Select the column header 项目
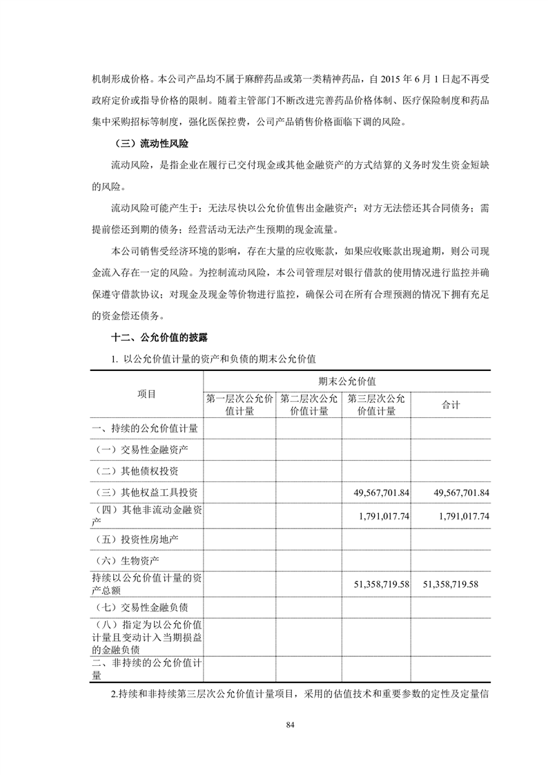(x=147, y=394)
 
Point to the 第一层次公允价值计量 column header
(x=239, y=405)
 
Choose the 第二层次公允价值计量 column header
(x=309, y=405)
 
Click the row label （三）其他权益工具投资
(x=147, y=493)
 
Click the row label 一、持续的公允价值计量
(x=145, y=428)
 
